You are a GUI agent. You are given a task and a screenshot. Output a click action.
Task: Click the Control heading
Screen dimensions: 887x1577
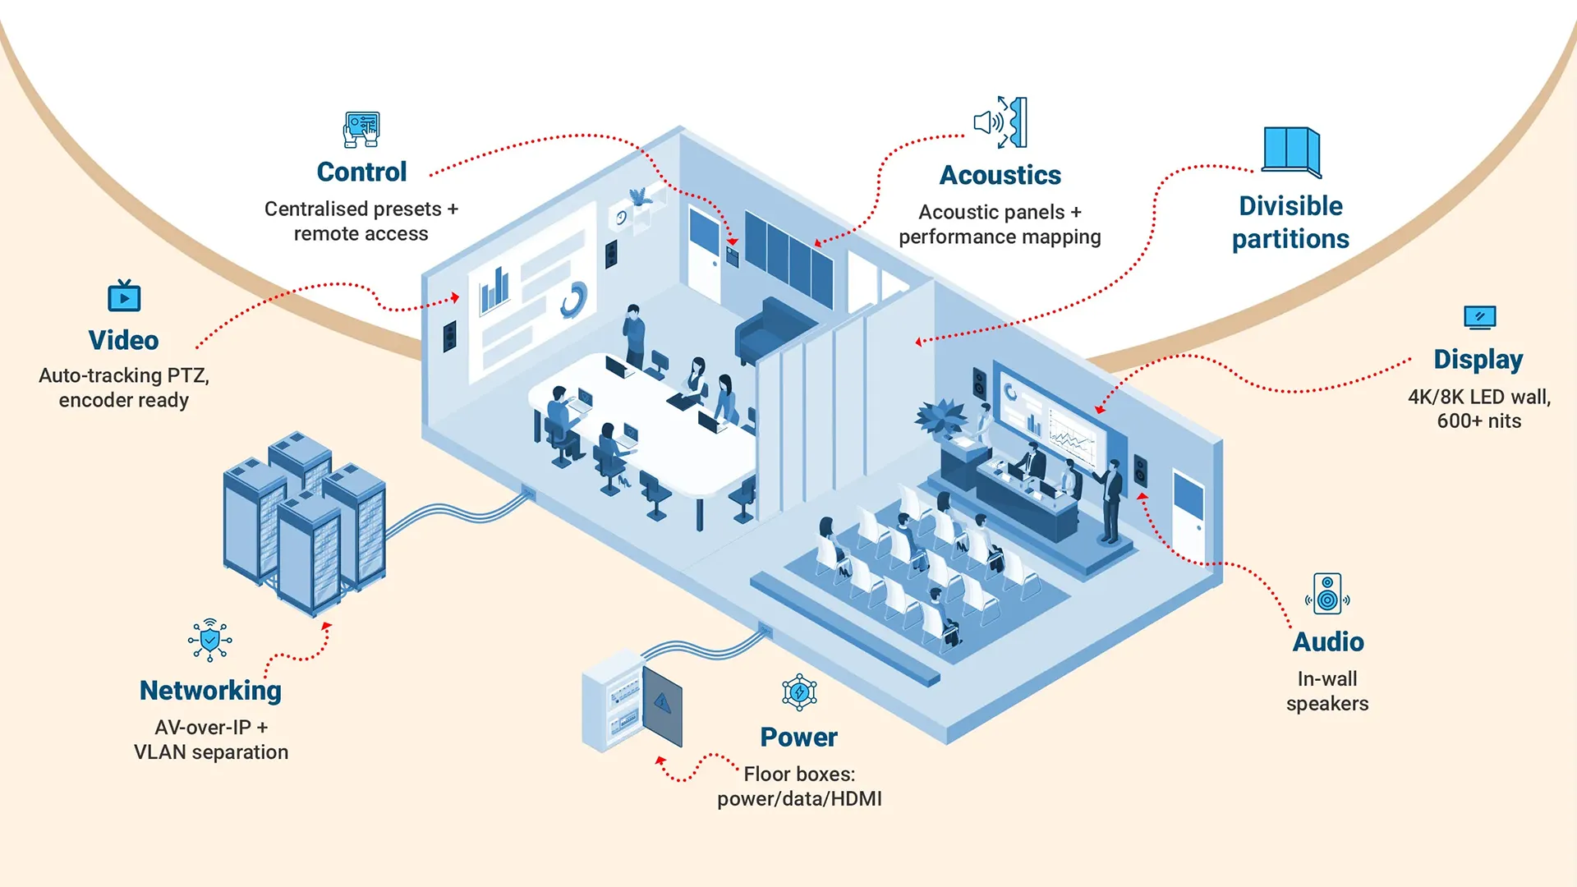pyautogui.click(x=361, y=172)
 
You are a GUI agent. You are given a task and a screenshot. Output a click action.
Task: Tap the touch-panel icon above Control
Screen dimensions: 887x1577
pyautogui.click(x=361, y=129)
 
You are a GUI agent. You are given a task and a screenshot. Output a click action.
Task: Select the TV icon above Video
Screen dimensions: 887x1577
pyautogui.click(x=124, y=296)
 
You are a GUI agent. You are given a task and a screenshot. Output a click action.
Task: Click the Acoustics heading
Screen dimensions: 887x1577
pyautogui.click(x=1000, y=175)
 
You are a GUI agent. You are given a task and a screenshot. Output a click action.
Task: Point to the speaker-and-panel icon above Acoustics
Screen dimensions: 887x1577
pyautogui.click(x=1000, y=122)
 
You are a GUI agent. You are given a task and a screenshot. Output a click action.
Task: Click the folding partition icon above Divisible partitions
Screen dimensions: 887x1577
pyautogui.click(x=1290, y=151)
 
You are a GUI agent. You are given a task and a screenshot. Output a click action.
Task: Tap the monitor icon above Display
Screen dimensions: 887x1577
pyautogui.click(x=1479, y=316)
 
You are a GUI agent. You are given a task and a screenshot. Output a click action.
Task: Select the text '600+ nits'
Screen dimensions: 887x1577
pyautogui.click(x=1478, y=421)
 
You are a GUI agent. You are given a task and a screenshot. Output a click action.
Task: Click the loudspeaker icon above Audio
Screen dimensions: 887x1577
pyautogui.click(x=1327, y=594)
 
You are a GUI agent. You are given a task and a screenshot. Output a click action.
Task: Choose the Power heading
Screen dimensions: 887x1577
pyautogui.click(x=798, y=737)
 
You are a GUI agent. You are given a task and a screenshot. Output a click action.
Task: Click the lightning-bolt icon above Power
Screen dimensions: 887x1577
pyautogui.click(x=799, y=692)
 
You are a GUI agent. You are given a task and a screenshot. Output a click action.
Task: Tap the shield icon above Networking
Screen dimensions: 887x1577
pyautogui.click(x=210, y=640)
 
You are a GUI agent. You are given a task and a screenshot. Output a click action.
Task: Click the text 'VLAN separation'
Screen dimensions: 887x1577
pyautogui.click(x=211, y=751)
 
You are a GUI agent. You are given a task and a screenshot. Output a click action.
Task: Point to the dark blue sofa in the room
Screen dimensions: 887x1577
pyautogui.click(x=772, y=329)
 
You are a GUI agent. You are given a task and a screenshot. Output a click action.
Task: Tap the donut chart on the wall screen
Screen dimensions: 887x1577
pyautogui.click(x=573, y=300)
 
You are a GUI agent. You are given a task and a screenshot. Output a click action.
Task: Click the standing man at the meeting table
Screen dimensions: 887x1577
pyautogui.click(x=634, y=335)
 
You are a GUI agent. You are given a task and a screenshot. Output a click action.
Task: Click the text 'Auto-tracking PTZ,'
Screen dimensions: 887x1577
pyautogui.click(x=124, y=375)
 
